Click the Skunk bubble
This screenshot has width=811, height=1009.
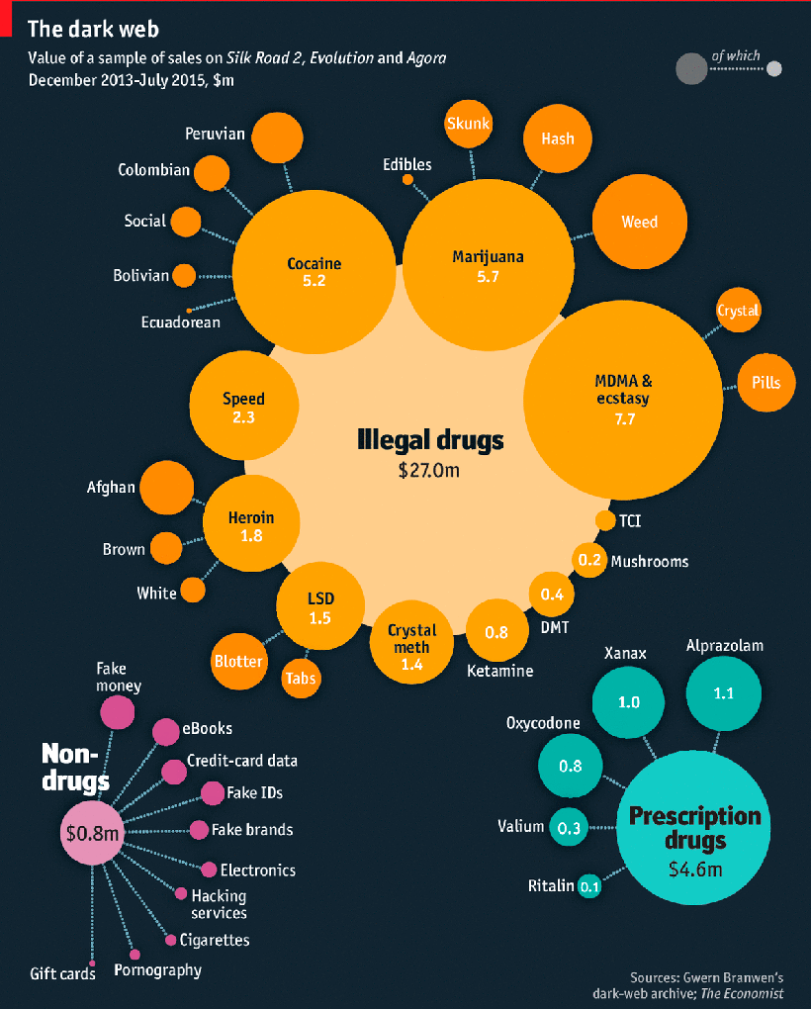tap(469, 125)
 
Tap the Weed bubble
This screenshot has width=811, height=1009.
tap(639, 223)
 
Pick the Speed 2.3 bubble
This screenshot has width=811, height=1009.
tap(243, 408)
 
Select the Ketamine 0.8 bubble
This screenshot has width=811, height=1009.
tap(496, 632)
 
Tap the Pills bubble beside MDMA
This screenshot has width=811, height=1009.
tap(766, 382)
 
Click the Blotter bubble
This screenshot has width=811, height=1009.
tap(238, 662)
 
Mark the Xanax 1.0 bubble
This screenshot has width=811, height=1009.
tap(629, 702)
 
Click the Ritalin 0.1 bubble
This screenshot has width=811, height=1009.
tap(589, 886)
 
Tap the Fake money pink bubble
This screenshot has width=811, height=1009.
tap(117, 710)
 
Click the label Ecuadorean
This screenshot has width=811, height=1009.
tap(181, 322)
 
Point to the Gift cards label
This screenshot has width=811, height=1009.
tap(63, 973)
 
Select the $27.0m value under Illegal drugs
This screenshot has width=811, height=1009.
tap(429, 470)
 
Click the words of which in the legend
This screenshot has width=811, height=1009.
tap(735, 56)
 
